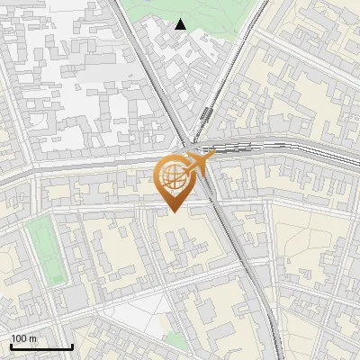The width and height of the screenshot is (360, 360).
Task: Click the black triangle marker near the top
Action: pyautogui.click(x=181, y=24)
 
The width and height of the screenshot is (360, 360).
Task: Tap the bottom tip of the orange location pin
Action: pyautogui.click(x=171, y=211)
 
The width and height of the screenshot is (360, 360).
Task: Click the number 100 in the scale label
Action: pyautogui.click(x=19, y=338)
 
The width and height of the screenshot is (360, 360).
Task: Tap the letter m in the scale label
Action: pyautogui.click(x=33, y=338)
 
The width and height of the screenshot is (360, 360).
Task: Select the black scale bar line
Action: pyautogui.click(x=40, y=346)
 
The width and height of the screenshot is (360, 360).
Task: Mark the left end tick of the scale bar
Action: pyautogui.click(x=10, y=345)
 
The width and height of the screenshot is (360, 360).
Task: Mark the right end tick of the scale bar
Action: pyautogui.click(x=72, y=345)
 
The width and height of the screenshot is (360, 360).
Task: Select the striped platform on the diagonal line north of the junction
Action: pyautogui.click(x=207, y=117)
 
